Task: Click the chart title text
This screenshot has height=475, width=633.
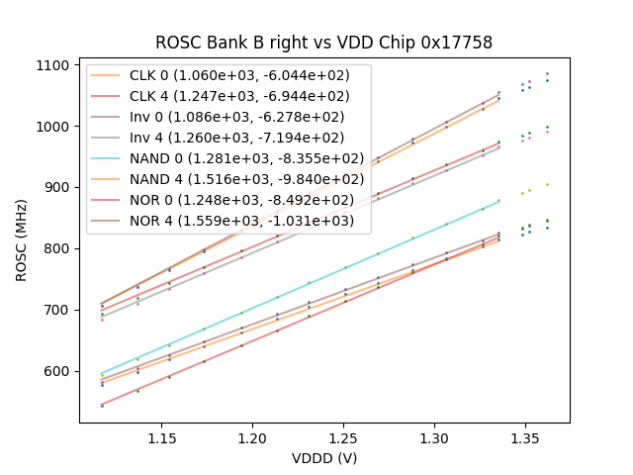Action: click(x=323, y=43)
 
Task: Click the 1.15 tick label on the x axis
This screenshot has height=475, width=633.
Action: click(x=163, y=437)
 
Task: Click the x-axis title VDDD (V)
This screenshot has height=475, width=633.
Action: click(x=323, y=457)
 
